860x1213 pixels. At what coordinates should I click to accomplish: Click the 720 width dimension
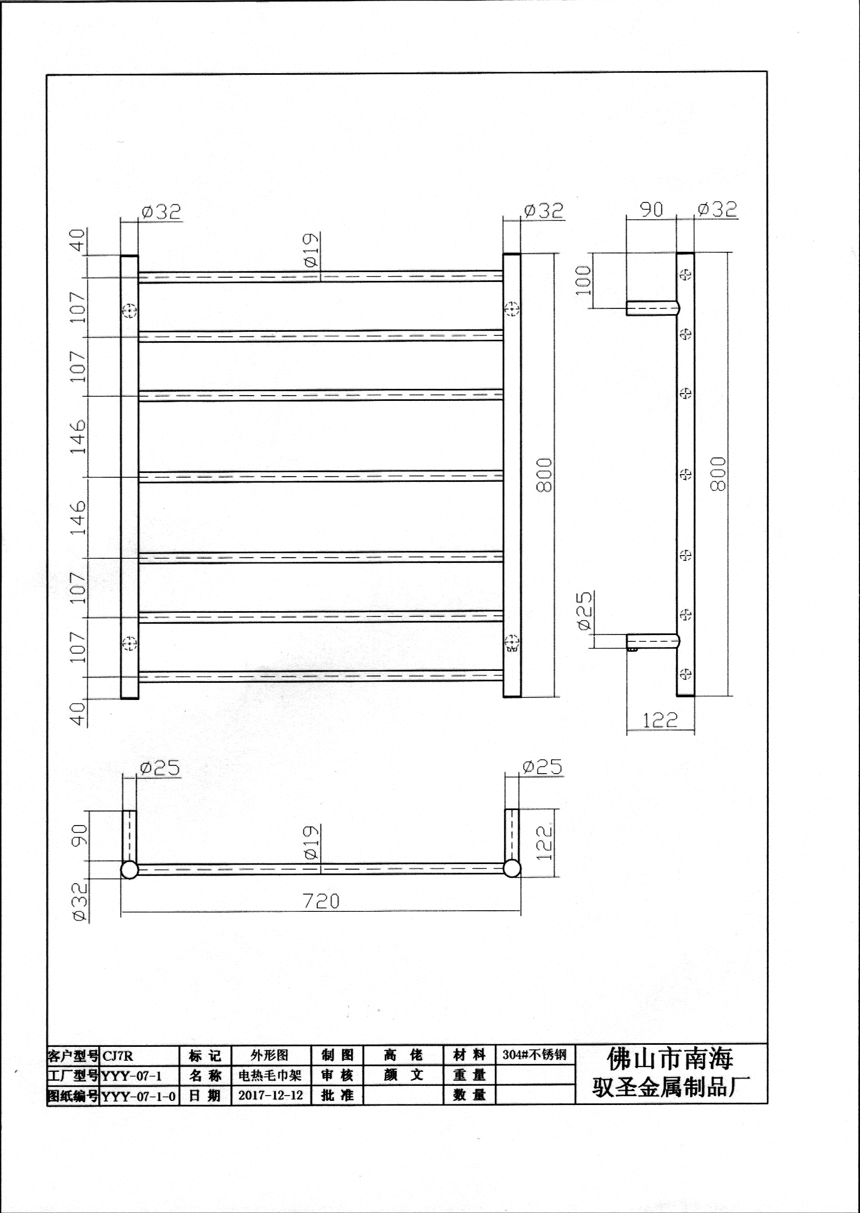(x=321, y=900)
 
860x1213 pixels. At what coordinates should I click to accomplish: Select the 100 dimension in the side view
(x=583, y=280)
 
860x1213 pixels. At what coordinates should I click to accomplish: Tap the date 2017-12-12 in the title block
(x=271, y=1095)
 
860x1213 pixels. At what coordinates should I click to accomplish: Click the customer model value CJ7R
(x=117, y=1056)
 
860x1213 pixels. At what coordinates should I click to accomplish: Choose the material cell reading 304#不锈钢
(x=534, y=1055)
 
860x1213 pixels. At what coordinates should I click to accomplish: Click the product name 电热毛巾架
(x=270, y=1075)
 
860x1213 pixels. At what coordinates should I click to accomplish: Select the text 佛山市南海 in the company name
(x=670, y=1059)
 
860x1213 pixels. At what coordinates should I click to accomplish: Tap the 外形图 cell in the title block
(x=270, y=1055)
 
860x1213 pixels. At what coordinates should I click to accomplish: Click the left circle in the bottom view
(x=130, y=869)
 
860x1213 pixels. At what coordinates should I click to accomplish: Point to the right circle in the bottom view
(x=512, y=868)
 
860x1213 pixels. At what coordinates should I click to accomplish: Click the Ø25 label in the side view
(x=584, y=611)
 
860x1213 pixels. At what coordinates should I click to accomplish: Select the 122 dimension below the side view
(x=660, y=720)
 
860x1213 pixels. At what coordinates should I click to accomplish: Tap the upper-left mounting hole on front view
(x=130, y=311)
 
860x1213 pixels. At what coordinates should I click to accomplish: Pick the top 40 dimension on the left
(x=78, y=240)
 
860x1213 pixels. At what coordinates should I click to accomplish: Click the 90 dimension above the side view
(x=651, y=210)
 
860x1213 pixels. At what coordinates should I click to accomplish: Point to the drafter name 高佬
(x=403, y=1055)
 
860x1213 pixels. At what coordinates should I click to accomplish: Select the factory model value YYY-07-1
(x=131, y=1076)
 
